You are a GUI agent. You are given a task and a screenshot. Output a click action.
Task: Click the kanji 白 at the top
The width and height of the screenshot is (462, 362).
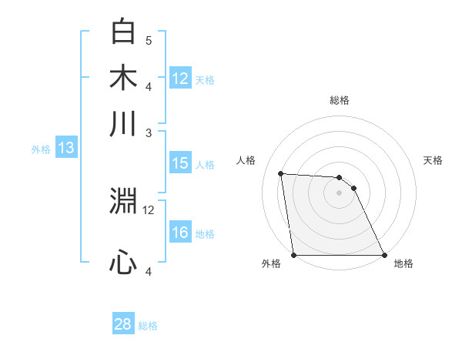(124, 32)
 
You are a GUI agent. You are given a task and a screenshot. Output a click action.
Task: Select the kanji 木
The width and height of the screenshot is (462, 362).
(124, 78)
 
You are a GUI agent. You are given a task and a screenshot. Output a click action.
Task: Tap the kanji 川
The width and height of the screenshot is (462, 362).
(124, 123)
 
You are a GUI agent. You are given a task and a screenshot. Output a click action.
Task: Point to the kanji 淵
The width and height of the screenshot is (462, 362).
(124, 202)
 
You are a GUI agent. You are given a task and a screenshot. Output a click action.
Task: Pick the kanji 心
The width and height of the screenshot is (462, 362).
(124, 263)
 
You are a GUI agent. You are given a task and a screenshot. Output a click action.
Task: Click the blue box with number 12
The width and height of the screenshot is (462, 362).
(179, 79)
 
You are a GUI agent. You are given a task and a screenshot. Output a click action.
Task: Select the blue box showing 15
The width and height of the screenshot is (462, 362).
(179, 163)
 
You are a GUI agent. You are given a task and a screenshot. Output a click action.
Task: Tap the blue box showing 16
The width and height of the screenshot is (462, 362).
(179, 233)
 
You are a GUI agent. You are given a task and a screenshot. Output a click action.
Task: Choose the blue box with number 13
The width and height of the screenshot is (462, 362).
(65, 149)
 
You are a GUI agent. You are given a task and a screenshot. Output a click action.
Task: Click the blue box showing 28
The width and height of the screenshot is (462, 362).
(123, 324)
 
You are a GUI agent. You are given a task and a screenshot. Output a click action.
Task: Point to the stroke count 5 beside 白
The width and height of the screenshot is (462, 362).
(149, 40)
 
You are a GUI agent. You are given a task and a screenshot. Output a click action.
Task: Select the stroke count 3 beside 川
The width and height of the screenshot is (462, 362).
(149, 132)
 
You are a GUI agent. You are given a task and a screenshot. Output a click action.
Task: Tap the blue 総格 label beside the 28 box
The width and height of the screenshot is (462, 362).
(148, 326)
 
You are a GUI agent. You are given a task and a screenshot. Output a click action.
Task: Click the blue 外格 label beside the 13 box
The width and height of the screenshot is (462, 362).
(41, 149)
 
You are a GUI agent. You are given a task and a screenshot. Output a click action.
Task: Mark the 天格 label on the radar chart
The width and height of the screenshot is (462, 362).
(434, 160)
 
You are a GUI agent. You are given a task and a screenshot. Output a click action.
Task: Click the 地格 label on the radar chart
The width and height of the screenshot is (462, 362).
(403, 263)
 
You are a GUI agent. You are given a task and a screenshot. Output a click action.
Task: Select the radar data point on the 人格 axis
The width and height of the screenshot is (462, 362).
(281, 173)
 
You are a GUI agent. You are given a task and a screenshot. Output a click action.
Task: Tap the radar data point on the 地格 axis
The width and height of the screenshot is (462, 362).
(384, 255)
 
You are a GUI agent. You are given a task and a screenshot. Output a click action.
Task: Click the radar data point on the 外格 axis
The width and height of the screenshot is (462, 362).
(294, 255)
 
